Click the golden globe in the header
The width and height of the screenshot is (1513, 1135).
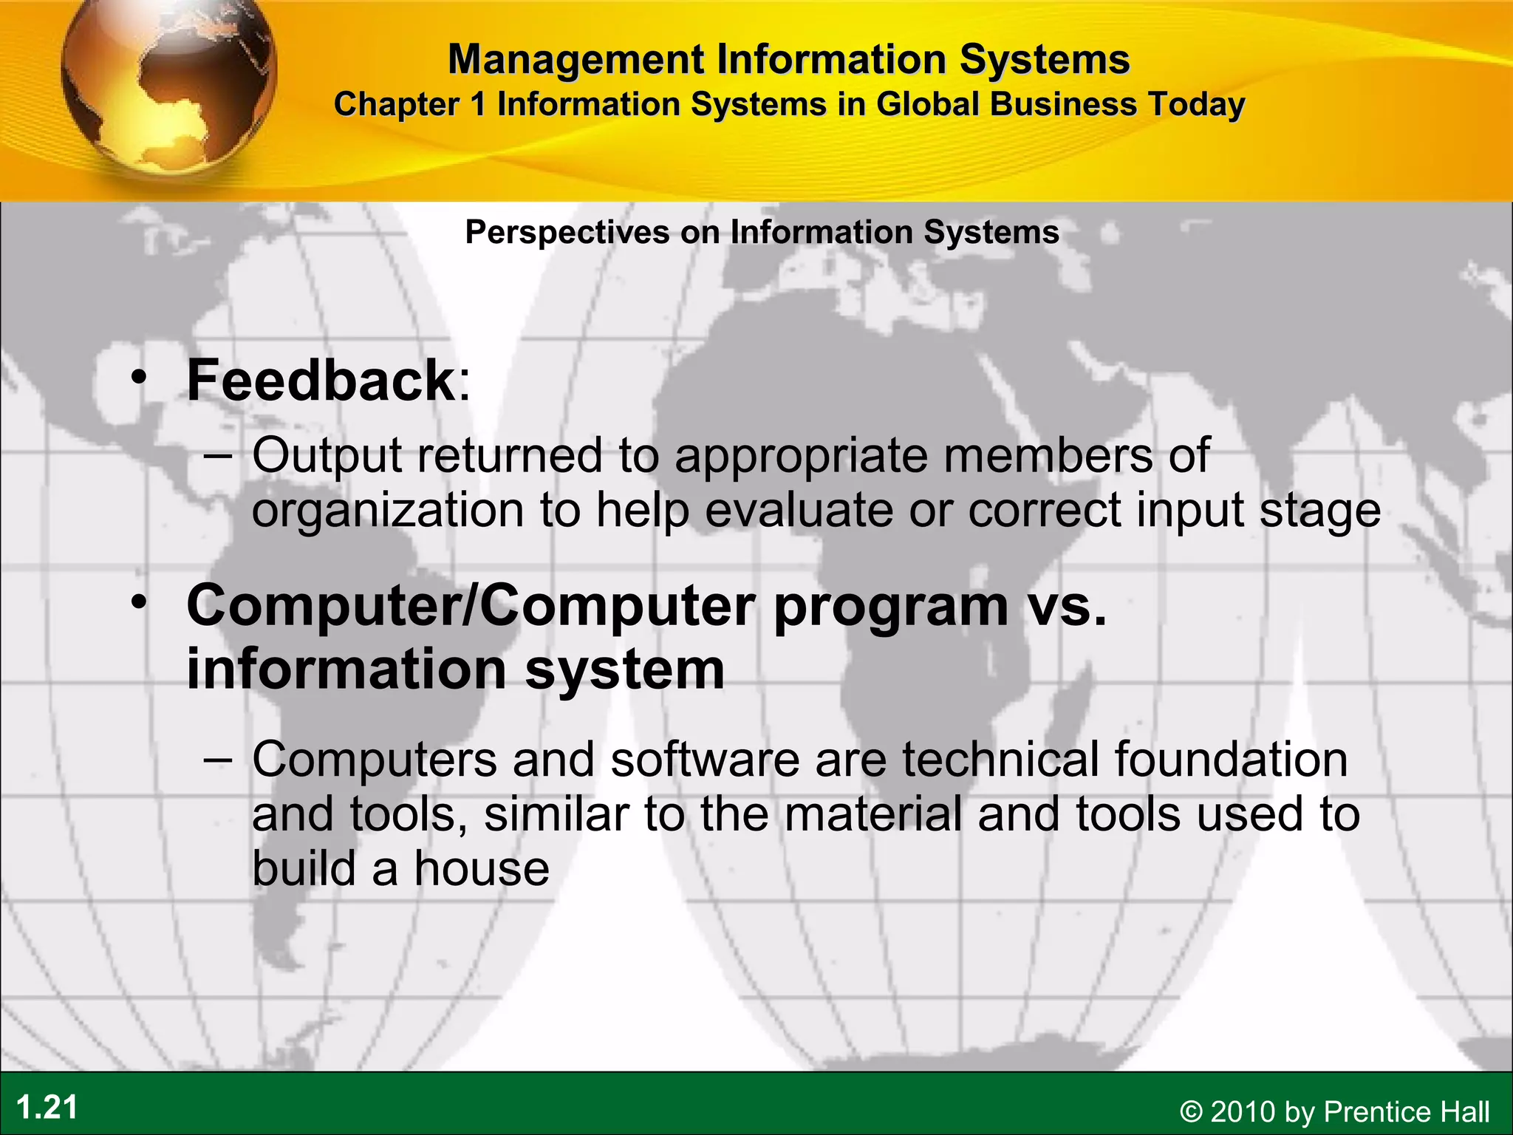click(168, 81)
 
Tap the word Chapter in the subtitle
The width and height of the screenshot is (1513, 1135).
click(397, 104)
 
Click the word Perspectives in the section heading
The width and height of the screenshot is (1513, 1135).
click(567, 233)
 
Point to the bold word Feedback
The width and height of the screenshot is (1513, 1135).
click(321, 380)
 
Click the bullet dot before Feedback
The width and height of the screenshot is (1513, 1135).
click(138, 377)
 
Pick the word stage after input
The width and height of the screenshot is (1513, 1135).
click(1319, 511)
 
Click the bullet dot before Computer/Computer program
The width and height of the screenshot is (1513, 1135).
click(138, 603)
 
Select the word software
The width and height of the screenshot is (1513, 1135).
click(705, 760)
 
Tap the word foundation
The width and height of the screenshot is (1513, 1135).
click(1231, 760)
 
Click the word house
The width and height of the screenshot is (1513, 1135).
click(482, 868)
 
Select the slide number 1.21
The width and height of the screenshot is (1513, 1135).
click(47, 1108)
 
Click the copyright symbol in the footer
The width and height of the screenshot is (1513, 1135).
click(1191, 1112)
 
